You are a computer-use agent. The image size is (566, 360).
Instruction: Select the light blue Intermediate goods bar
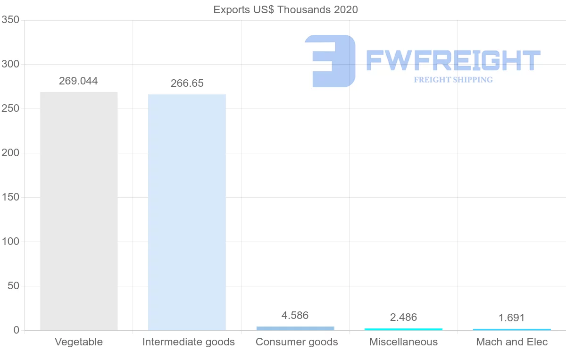[187, 212]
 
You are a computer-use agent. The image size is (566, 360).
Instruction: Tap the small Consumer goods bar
[295, 328]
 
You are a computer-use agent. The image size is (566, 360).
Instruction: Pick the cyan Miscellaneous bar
[403, 329]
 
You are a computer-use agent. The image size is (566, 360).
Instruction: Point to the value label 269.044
[78, 81]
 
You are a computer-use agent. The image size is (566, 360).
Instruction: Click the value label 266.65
[187, 84]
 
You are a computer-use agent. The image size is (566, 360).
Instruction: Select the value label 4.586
[295, 315]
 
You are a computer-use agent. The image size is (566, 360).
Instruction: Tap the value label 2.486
[403, 317]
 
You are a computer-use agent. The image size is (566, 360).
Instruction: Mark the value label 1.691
[511, 318]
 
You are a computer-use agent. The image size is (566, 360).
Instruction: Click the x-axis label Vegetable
[79, 342]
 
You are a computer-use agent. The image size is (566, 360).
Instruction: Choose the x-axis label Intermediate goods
[188, 342]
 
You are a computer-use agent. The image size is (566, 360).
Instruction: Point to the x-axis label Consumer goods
[297, 342]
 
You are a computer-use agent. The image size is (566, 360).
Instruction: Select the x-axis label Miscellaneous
[403, 342]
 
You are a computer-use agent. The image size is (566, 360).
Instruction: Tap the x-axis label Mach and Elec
[512, 342]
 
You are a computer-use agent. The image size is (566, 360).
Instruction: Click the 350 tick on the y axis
[10, 20]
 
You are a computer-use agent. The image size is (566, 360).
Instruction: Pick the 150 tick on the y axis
[10, 197]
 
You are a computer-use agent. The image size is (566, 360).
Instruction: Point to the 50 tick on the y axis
[13, 286]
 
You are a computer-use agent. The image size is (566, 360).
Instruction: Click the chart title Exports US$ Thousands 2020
[285, 9]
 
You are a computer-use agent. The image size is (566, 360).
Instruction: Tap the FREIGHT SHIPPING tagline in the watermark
[453, 80]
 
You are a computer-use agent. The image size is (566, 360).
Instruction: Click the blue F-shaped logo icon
[330, 61]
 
